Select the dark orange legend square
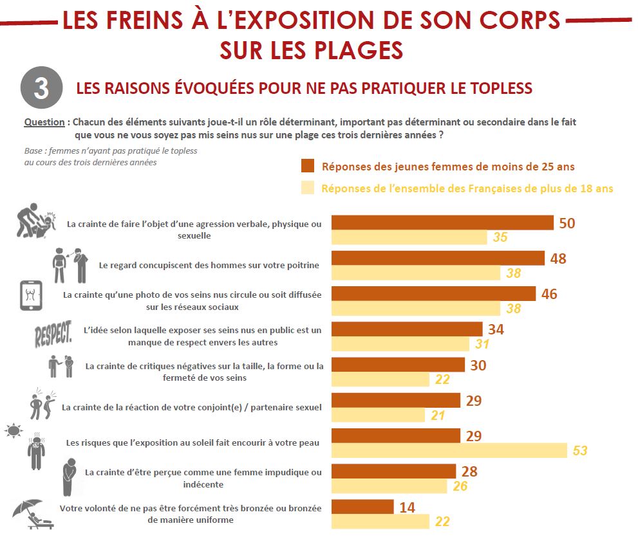click(x=308, y=166)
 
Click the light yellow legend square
click(x=308, y=188)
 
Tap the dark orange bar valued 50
click(x=442, y=223)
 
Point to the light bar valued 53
click(x=449, y=450)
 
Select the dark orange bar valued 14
click(x=362, y=507)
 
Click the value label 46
click(x=549, y=294)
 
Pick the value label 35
click(x=500, y=237)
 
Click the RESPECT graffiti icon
click(x=53, y=334)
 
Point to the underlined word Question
click(x=44, y=122)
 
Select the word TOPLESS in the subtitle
click(x=497, y=88)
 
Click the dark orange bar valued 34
click(x=407, y=329)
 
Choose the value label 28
click(x=469, y=471)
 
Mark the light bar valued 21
click(x=379, y=415)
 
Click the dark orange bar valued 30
click(x=398, y=365)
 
